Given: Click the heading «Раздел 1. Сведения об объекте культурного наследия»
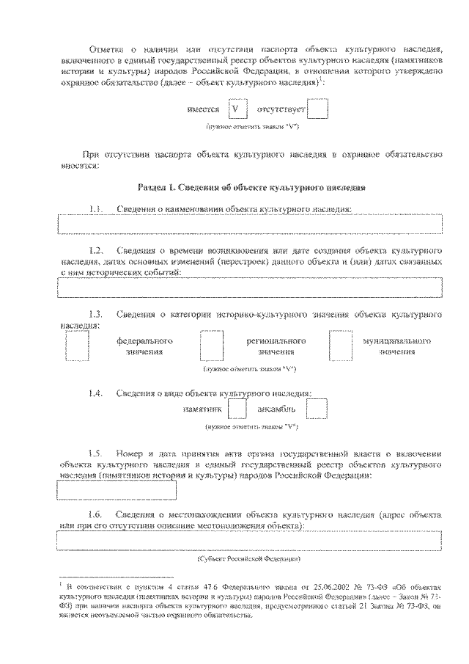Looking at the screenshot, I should tap(252, 188).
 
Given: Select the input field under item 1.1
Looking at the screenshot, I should tap(249, 224).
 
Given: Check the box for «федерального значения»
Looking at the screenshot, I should tap(77, 346).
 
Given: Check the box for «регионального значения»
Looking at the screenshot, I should tap(212, 346).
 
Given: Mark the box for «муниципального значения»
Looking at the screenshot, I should tap(341, 346).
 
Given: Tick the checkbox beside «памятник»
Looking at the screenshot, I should tap(237, 409).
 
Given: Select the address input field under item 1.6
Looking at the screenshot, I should tap(249, 541).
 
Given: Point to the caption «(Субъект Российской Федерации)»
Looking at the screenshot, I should tap(250, 560).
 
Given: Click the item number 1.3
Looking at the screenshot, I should tap(95, 315).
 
